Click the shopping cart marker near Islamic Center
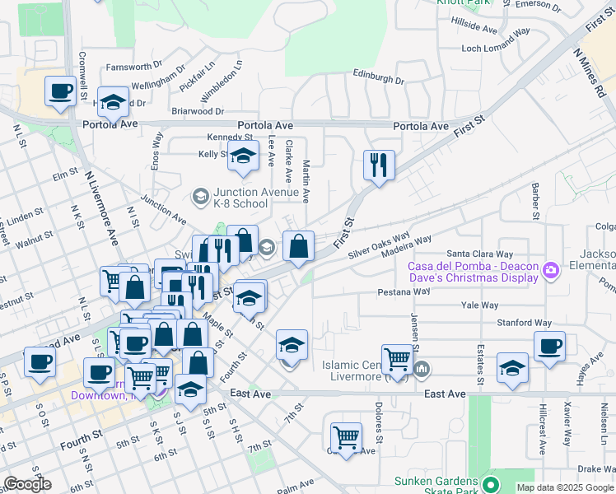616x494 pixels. click(398, 358)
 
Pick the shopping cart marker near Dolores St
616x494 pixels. click(346, 437)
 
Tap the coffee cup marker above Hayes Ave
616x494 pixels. click(549, 346)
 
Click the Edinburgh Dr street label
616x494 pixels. click(378, 81)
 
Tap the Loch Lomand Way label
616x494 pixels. click(495, 49)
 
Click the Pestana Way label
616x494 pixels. click(404, 291)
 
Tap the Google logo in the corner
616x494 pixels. click(26, 484)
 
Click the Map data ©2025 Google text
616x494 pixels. click(565, 487)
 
